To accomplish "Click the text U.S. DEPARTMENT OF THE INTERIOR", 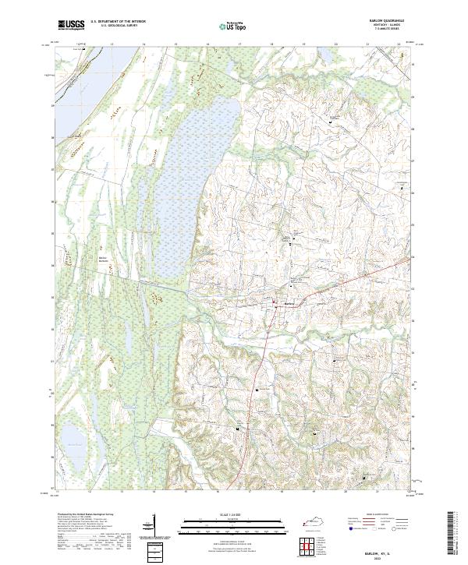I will point(119,22).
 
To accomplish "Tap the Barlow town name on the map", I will point(289,303).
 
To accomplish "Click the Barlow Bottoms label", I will point(103,260).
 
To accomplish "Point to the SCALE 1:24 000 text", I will point(234,514).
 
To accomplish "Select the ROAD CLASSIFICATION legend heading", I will point(375,514).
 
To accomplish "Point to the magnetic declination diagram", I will point(153,525).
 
